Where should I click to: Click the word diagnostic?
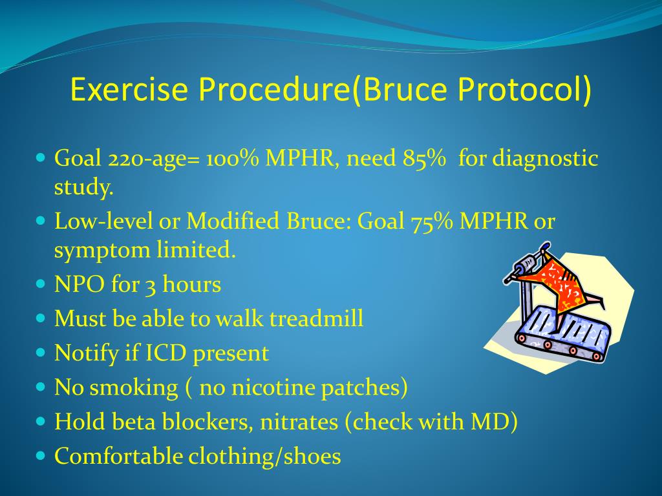point(545,159)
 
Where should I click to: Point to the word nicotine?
point(248,387)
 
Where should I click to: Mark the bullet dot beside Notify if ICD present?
point(41,353)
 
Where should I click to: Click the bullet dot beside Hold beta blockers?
point(41,421)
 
